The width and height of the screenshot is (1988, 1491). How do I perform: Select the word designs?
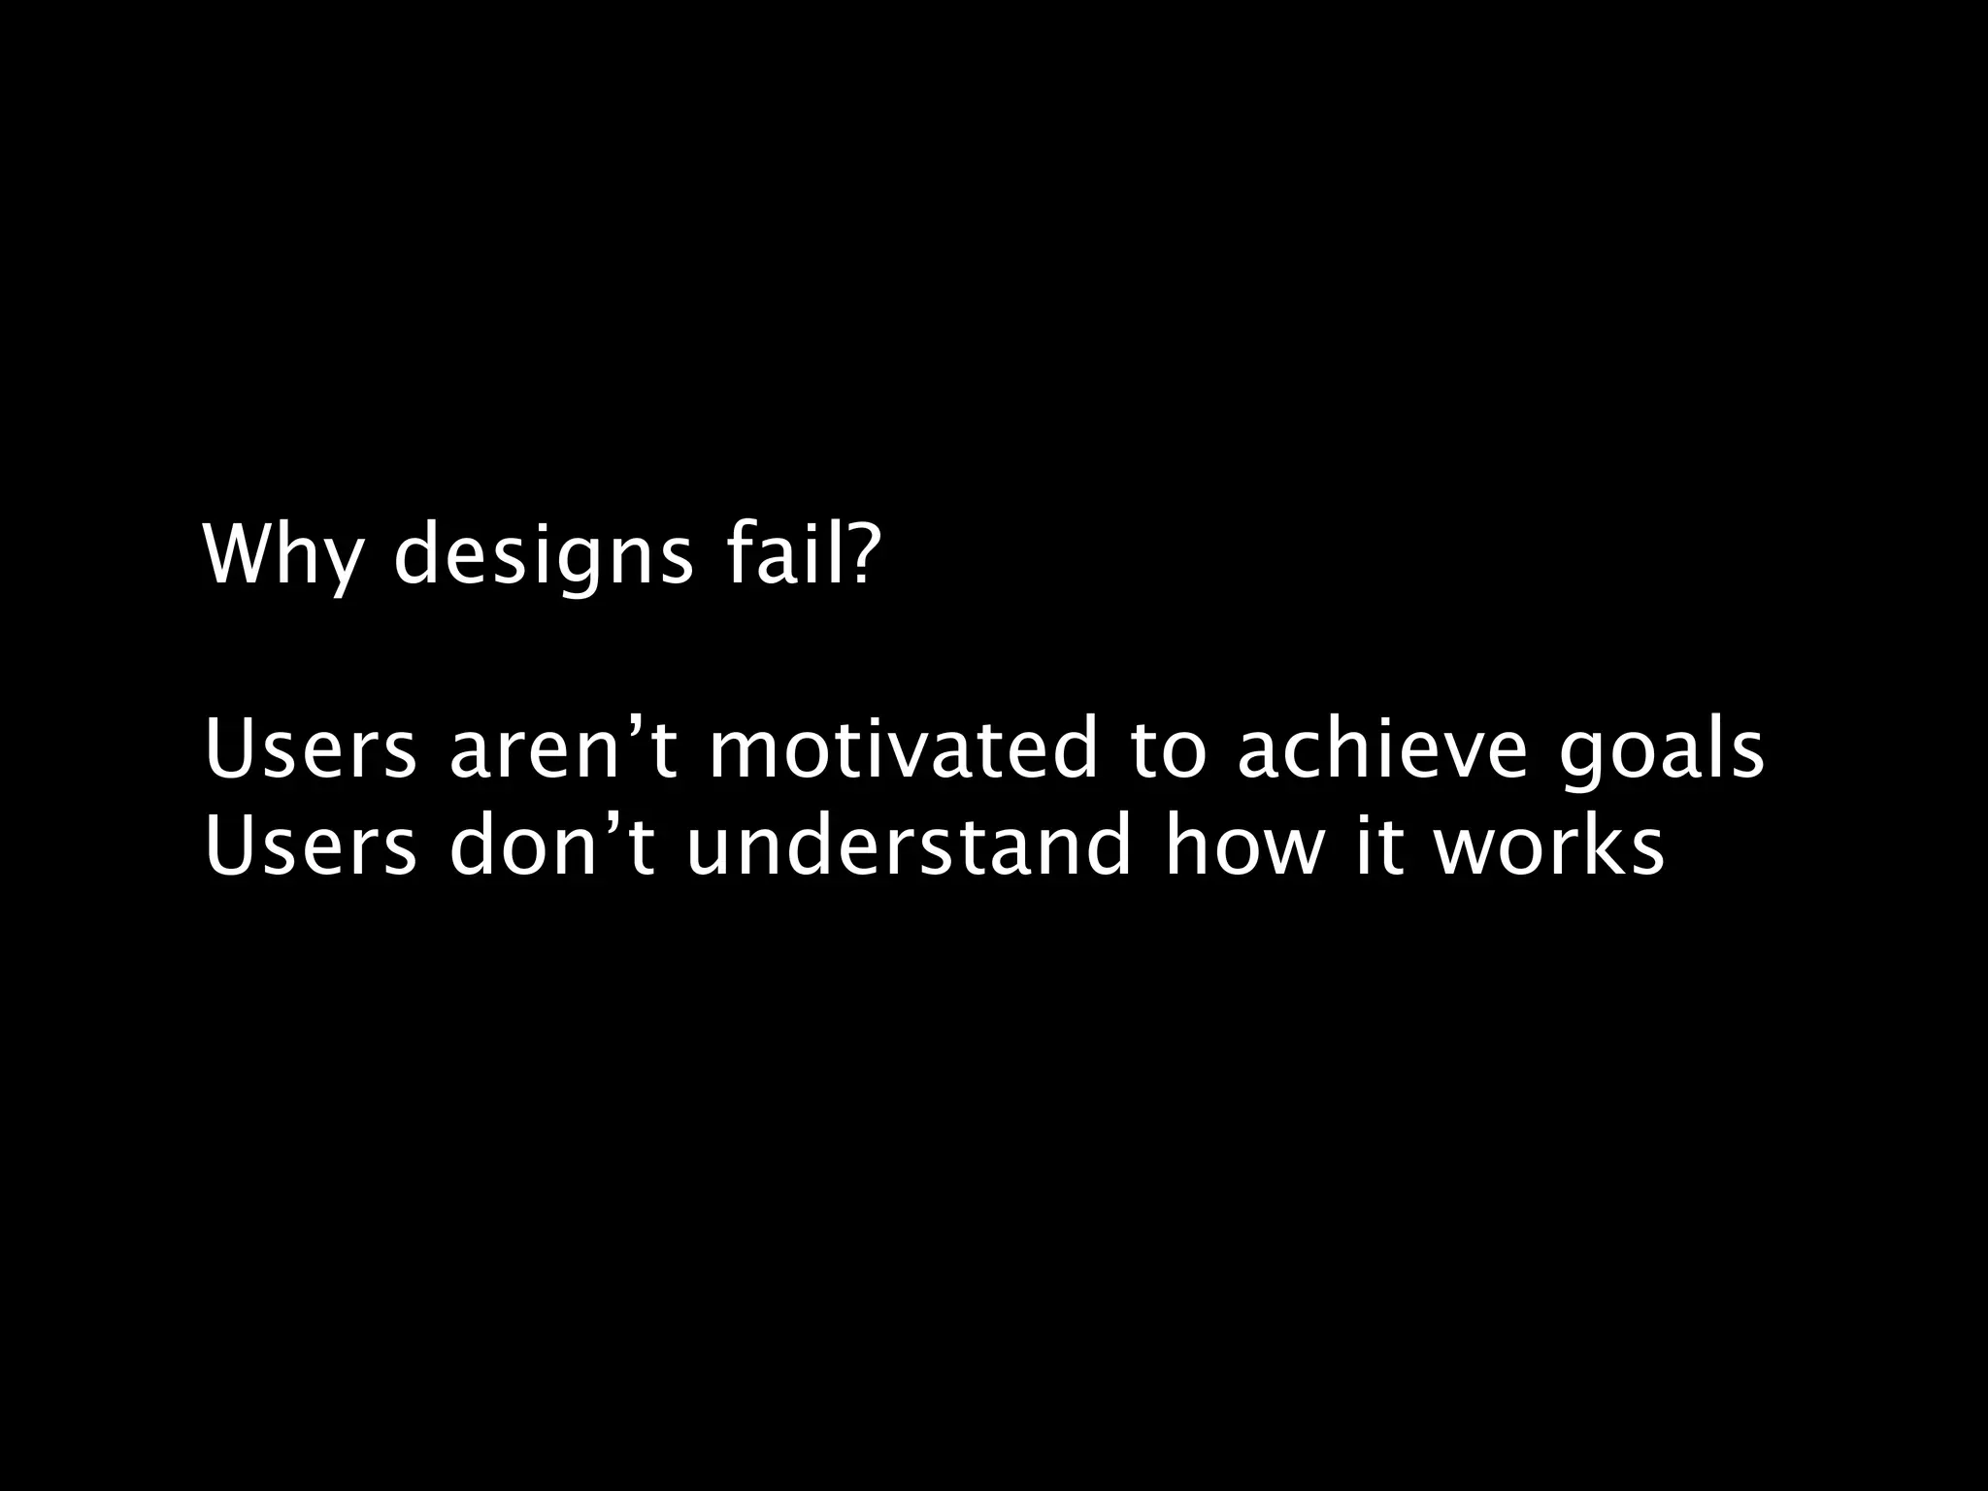(544, 556)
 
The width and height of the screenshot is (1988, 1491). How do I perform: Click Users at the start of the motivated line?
(311, 750)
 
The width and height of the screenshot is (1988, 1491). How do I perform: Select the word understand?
(909, 845)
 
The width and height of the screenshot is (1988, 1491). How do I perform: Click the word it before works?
(1376, 845)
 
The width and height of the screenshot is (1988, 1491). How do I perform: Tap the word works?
(1549, 845)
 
